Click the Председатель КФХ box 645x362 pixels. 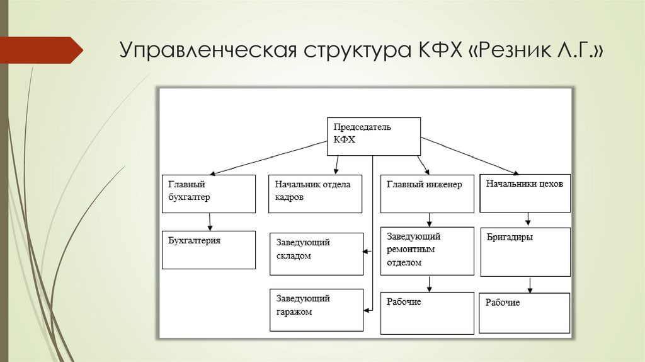tap(374, 136)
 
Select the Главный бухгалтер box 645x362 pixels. tap(208, 194)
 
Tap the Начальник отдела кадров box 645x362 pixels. tap(316, 194)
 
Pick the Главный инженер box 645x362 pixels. tap(427, 194)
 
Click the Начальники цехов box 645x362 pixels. tap(525, 193)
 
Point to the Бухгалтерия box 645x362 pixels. tap(208, 250)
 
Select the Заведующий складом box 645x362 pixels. tap(317, 254)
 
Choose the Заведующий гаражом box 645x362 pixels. tap(317, 310)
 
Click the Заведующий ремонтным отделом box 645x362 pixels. tap(427, 251)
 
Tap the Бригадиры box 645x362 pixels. tap(525, 252)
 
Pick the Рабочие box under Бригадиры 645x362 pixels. tap(525, 313)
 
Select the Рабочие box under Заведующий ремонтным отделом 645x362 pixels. tap(427, 313)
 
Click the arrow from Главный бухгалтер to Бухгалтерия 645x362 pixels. tap(210, 221)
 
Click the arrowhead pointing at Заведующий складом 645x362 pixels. tap(366, 252)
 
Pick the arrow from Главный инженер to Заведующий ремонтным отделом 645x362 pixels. tap(430, 219)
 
